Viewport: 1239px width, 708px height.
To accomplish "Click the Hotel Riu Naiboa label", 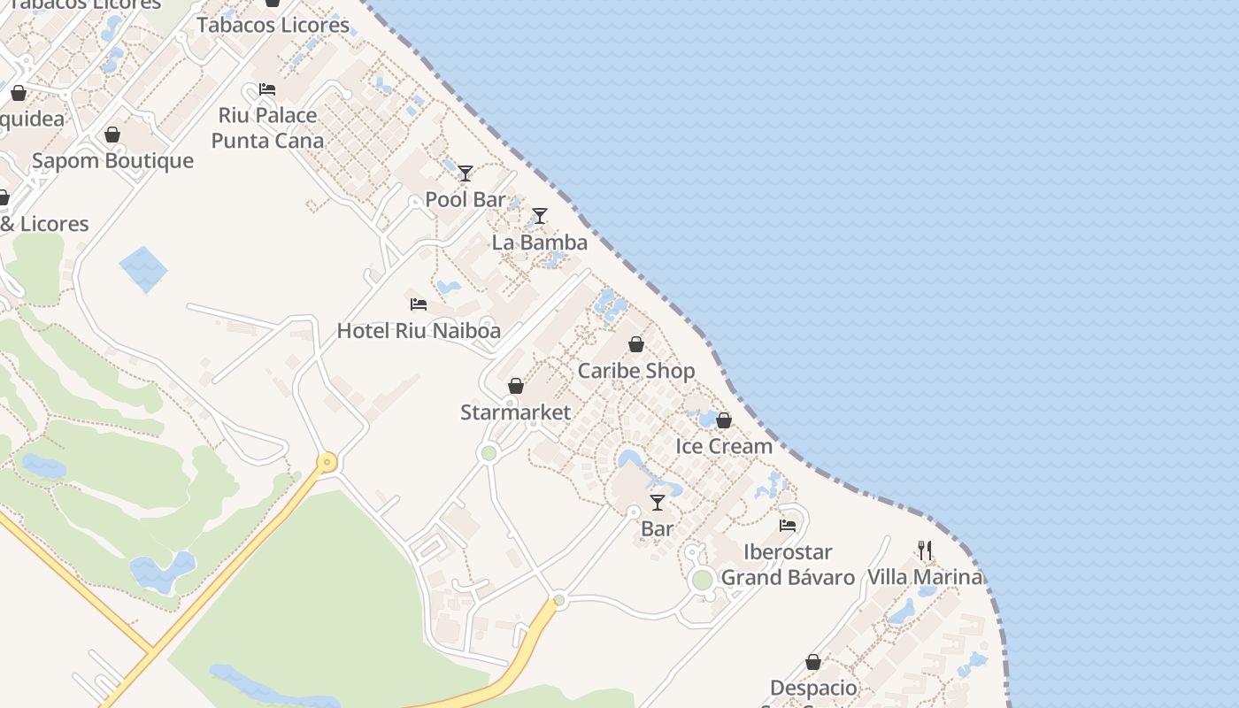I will tap(419, 331).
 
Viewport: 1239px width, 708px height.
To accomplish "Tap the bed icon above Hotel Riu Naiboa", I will tap(419, 304).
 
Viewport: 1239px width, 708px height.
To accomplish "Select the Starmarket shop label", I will tap(515, 412).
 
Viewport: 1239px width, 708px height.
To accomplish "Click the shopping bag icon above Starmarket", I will tap(516, 386).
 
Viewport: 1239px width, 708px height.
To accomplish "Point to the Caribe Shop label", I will tap(636, 371).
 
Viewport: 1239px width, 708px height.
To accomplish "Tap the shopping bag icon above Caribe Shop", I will tap(636, 344).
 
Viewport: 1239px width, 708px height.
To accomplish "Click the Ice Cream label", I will tap(724, 446).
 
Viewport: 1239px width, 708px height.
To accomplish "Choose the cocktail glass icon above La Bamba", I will tap(539, 216).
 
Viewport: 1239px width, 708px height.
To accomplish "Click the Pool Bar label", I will tap(466, 199).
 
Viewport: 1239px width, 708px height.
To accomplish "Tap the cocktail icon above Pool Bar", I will tap(466, 173).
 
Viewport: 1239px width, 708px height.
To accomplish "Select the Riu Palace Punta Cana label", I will tap(267, 127).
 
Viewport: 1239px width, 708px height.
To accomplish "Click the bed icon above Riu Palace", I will tap(267, 89).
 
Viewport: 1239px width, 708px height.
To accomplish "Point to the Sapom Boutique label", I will tap(112, 160).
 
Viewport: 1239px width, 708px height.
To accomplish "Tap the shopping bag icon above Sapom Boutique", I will tap(112, 135).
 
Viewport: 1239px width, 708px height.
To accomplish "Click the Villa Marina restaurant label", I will tap(925, 577).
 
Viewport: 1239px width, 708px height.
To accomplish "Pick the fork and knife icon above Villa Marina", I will tap(925, 550).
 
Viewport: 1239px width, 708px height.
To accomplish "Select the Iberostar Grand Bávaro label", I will tap(788, 565).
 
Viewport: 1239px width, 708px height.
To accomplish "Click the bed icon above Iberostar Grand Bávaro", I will tap(788, 526).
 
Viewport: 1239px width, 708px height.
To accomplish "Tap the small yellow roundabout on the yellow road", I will tap(327, 462).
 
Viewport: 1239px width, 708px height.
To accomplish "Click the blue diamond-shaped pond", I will tap(143, 270).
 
